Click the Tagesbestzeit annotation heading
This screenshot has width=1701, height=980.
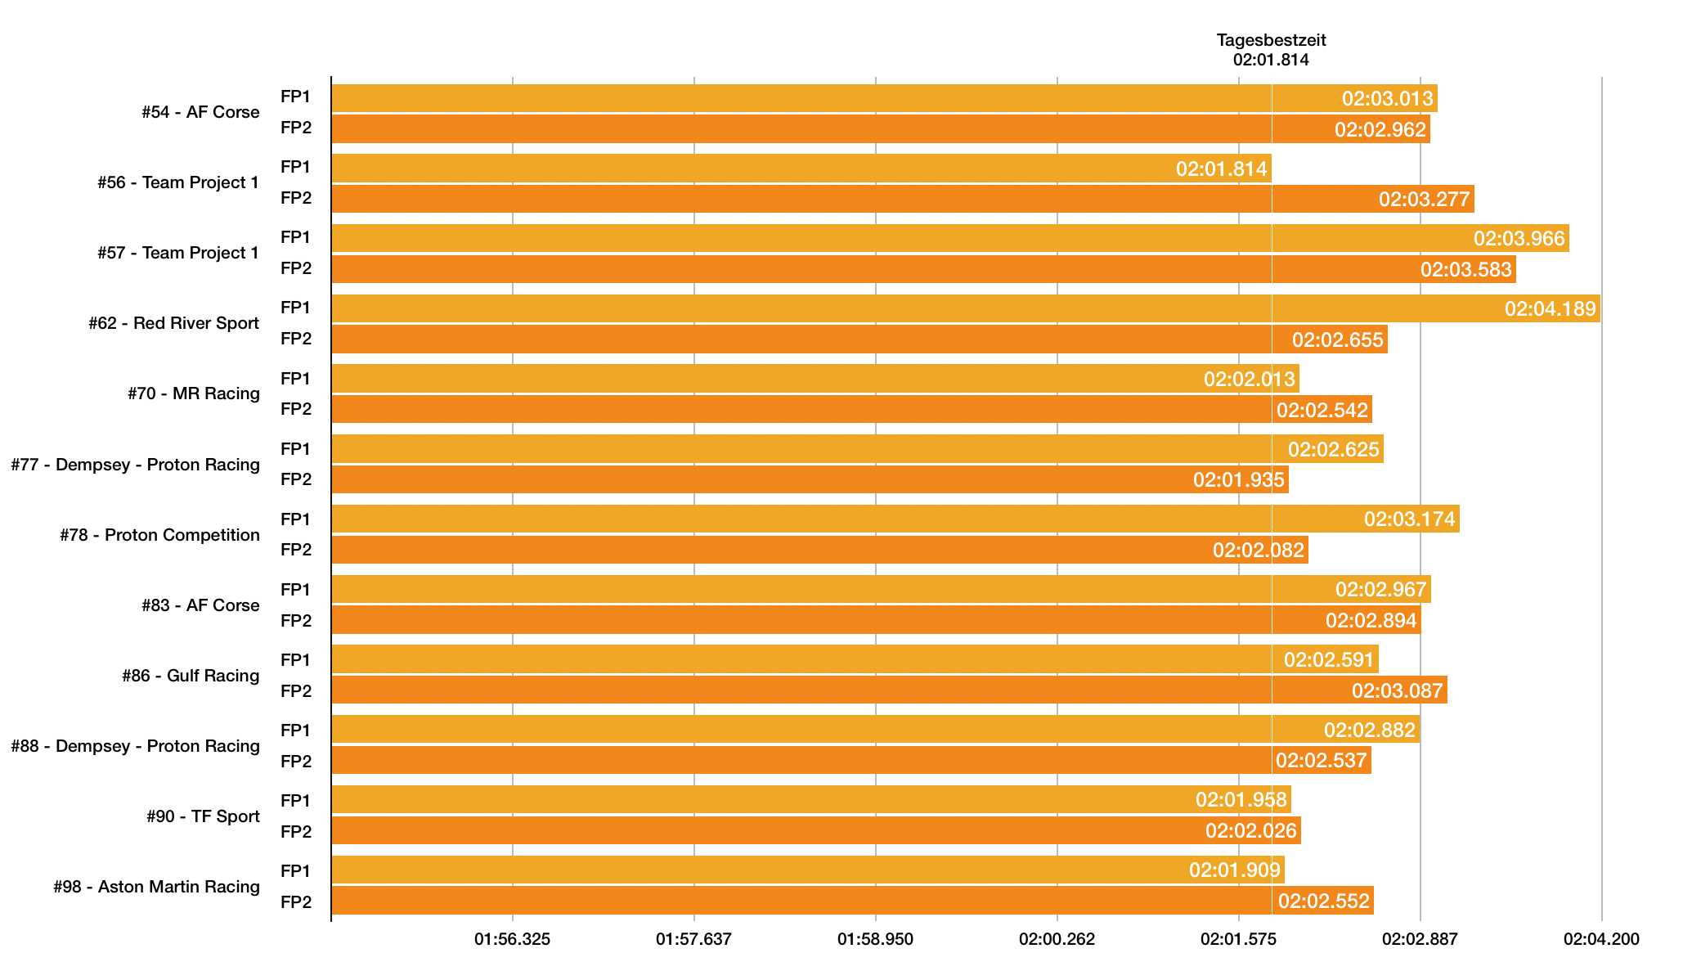(1271, 40)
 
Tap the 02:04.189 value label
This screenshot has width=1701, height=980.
(1550, 309)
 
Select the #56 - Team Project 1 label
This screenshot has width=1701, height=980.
(177, 182)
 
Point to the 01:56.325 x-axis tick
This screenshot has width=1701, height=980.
(512, 939)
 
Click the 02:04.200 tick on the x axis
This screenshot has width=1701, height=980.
(1601, 939)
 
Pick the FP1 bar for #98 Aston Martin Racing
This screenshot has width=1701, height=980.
(807, 870)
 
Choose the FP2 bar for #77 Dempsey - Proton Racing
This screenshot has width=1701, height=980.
(810, 479)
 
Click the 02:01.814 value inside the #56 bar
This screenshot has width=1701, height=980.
(1221, 169)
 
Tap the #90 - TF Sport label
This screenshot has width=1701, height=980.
(203, 816)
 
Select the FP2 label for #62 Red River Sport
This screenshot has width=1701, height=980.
(296, 339)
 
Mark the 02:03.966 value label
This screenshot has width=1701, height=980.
(1519, 239)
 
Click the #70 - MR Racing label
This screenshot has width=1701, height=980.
(193, 393)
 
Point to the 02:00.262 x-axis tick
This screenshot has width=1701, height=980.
(1057, 939)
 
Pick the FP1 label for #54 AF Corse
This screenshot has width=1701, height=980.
(296, 97)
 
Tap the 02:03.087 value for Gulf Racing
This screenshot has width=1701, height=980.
(1397, 691)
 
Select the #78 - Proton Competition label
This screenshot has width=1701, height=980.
(159, 535)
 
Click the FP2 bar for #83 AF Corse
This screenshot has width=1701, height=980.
(876, 620)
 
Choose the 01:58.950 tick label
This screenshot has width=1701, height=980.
(875, 939)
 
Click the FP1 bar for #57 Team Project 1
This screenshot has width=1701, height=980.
(949, 238)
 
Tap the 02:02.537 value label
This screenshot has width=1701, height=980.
(1321, 761)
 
